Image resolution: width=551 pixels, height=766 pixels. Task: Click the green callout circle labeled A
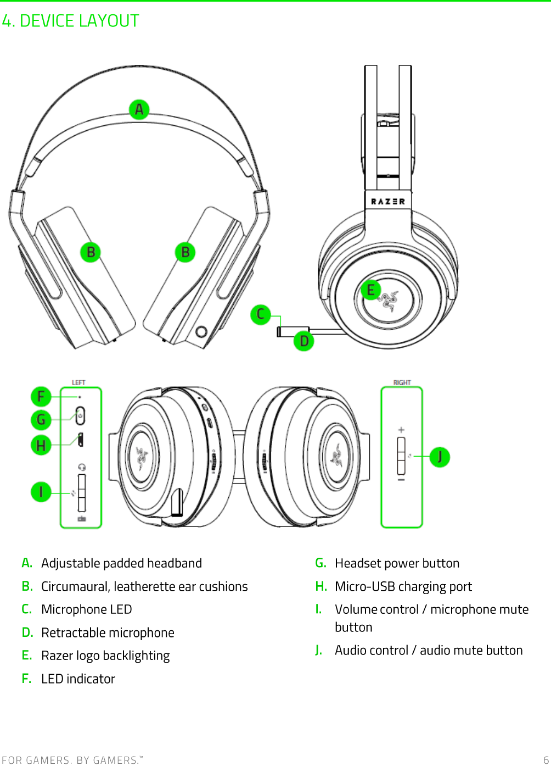point(139,109)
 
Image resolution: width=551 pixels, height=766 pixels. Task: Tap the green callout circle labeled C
point(261,314)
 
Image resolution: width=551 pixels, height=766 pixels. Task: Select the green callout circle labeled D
point(304,341)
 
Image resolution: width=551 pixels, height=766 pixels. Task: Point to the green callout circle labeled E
point(371,290)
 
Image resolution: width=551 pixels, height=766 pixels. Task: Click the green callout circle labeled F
point(41,396)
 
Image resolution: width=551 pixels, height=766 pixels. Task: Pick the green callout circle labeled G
point(41,420)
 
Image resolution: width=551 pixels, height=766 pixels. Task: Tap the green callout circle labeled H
point(41,445)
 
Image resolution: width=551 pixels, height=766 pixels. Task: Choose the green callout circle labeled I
point(41,492)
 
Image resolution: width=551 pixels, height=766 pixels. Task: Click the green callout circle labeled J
point(440,457)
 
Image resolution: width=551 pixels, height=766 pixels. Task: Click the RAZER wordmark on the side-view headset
point(388,202)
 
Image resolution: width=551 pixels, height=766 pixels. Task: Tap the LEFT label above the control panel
point(78,382)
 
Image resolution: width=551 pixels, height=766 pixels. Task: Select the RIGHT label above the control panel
point(402,382)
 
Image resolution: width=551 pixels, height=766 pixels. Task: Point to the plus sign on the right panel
point(401,430)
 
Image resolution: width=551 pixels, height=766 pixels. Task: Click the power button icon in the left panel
point(80,416)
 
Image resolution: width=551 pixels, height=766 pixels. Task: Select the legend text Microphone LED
point(87,609)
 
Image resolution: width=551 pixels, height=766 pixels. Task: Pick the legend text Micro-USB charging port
point(403,586)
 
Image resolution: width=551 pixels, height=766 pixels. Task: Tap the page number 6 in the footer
point(546,760)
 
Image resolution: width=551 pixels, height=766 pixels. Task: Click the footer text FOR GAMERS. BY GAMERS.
point(72,760)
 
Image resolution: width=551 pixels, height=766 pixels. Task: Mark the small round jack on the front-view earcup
point(201,331)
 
